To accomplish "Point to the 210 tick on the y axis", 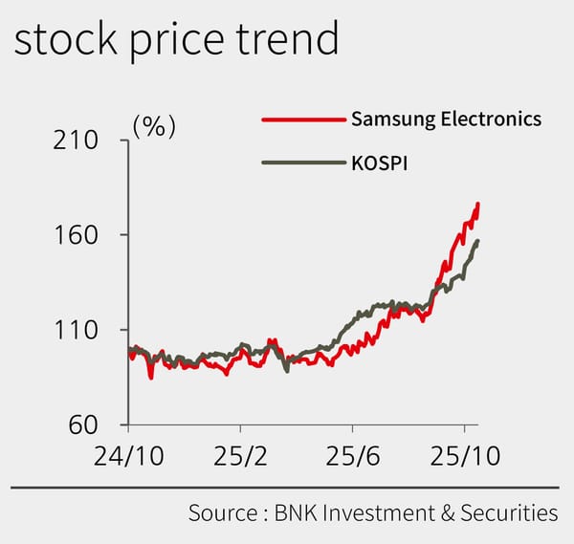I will (73, 141).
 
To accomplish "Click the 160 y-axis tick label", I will (73, 235).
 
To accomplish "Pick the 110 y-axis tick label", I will (73, 331).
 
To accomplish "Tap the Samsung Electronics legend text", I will (446, 120).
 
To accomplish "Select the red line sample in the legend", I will (302, 120).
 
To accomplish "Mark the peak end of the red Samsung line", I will (478, 204).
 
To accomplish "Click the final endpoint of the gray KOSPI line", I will (478, 241).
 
